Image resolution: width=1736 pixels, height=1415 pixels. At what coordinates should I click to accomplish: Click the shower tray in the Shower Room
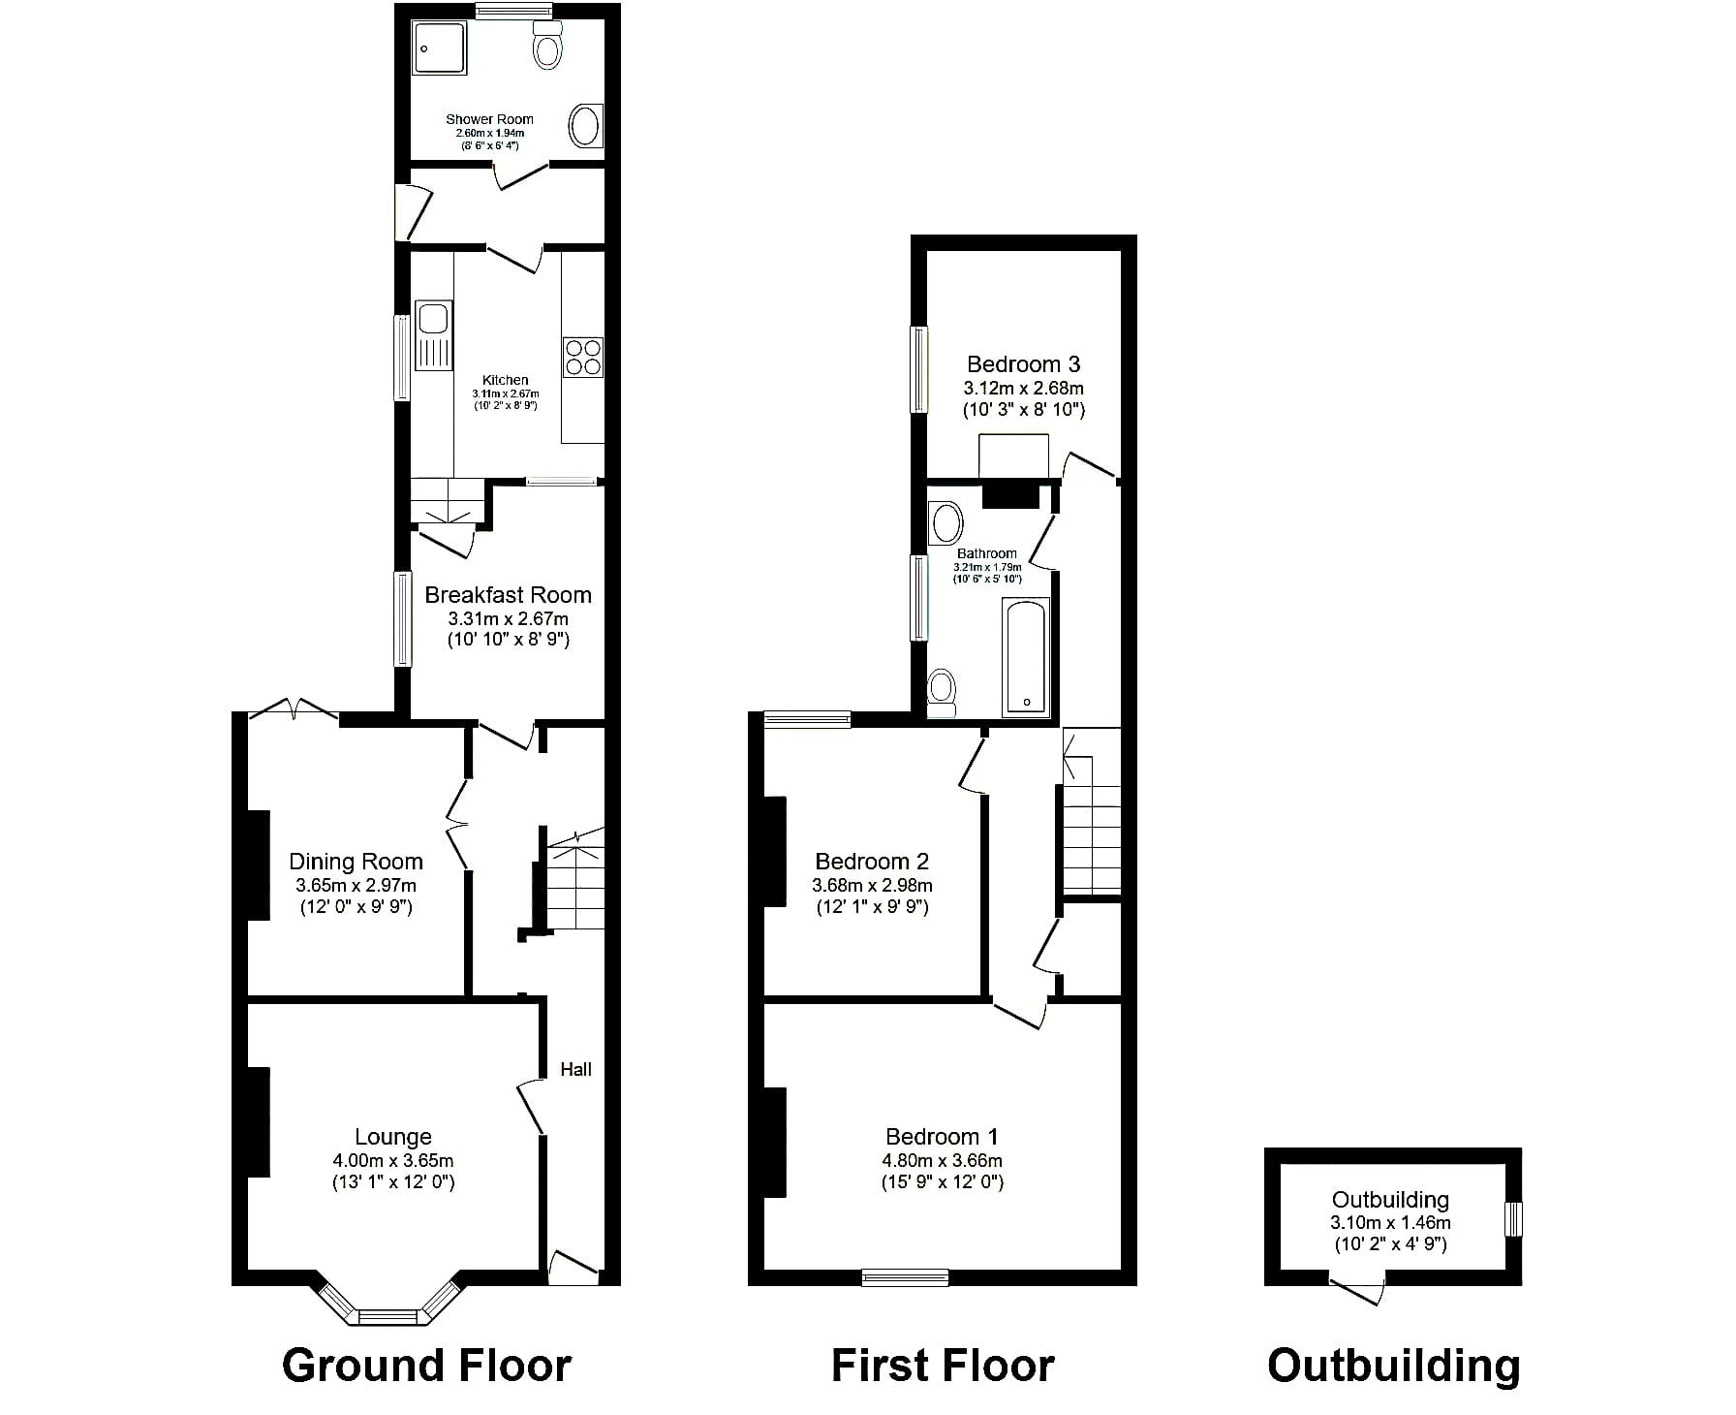click(442, 48)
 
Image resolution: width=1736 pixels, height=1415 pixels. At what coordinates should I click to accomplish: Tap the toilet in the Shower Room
click(547, 43)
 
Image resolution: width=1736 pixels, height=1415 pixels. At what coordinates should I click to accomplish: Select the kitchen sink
click(433, 335)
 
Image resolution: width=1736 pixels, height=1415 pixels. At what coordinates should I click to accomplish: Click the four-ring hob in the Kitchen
click(582, 356)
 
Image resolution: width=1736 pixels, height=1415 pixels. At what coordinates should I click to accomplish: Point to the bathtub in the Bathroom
click(1025, 657)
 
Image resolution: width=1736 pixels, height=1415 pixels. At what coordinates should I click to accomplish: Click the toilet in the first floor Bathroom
click(942, 692)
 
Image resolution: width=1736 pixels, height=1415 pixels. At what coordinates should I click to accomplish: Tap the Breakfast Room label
click(508, 595)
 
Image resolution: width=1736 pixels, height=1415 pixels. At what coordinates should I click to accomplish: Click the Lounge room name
click(393, 1137)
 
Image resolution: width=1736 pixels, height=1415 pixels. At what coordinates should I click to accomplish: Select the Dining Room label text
click(356, 862)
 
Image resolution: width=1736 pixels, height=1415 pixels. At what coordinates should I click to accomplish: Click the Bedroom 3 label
click(1024, 364)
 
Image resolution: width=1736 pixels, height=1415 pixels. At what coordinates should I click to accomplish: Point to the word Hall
click(575, 1069)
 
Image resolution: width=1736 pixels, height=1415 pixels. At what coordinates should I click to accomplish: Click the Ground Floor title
click(427, 1366)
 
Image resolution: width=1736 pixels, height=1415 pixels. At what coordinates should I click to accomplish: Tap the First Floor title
click(943, 1366)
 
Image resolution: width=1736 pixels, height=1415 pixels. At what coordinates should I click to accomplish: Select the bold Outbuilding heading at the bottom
click(1393, 1366)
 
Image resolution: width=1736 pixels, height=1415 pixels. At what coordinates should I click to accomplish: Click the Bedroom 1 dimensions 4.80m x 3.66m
click(943, 1160)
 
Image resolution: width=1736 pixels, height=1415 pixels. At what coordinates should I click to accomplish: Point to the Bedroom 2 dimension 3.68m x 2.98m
click(872, 885)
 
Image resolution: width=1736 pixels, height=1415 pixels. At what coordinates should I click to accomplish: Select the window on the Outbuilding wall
click(1513, 1219)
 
